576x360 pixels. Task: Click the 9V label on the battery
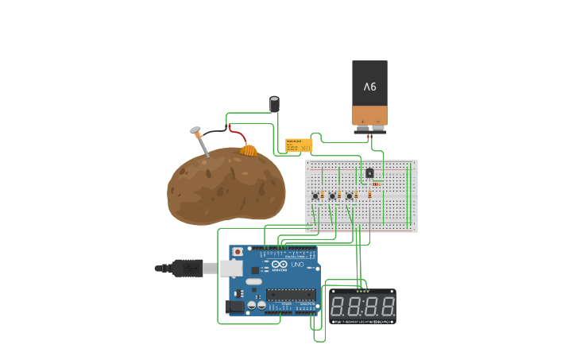(x=370, y=86)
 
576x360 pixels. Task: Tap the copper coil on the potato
(x=249, y=149)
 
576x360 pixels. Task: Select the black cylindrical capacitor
(x=274, y=104)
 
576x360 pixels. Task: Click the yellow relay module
(x=299, y=145)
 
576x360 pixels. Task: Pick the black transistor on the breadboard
(x=369, y=172)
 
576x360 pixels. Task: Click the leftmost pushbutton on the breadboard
(x=315, y=195)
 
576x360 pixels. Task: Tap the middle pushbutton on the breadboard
(x=332, y=195)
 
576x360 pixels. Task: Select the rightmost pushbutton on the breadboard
(x=349, y=195)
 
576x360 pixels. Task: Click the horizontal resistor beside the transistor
(x=377, y=184)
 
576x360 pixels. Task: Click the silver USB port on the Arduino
(x=231, y=269)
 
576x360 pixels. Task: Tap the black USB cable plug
(x=186, y=269)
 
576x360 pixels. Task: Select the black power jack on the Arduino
(x=234, y=306)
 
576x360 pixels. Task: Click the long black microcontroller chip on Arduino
(x=291, y=295)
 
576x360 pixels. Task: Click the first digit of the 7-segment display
(x=338, y=306)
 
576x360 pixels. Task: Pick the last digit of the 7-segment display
(x=387, y=306)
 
